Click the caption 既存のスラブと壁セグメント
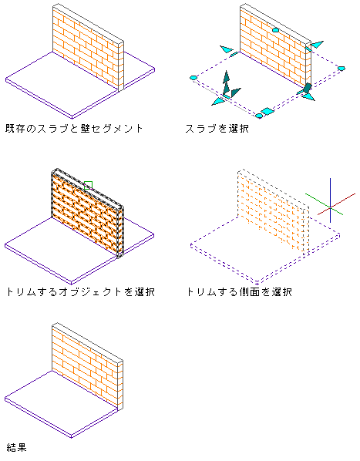click(x=74, y=129)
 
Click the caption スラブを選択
click(x=217, y=129)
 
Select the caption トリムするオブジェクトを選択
click(x=80, y=291)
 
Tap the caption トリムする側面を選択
click(x=240, y=291)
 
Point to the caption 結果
click(x=16, y=447)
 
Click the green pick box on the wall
click(x=88, y=185)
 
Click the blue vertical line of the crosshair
click(x=330, y=200)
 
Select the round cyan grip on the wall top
click(x=275, y=30)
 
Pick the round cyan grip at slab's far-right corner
click(x=341, y=69)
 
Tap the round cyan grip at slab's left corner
click(x=193, y=78)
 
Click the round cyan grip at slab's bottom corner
click(x=259, y=116)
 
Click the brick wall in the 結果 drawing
click(x=88, y=365)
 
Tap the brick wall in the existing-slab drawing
click(x=88, y=47)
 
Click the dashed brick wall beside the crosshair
click(x=274, y=212)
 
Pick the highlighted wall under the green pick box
click(x=88, y=213)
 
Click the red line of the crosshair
click(x=337, y=204)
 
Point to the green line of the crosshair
click(x=324, y=204)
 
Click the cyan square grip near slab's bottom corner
click(x=267, y=111)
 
